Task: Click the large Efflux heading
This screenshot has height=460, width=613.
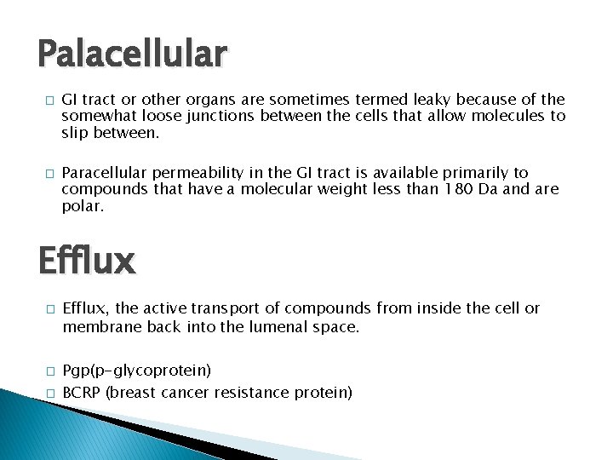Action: pos(86,261)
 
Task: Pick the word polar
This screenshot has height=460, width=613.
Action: pos(82,205)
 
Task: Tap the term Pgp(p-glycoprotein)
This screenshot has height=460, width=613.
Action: pos(137,371)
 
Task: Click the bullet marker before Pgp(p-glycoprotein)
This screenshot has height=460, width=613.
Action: pos(50,371)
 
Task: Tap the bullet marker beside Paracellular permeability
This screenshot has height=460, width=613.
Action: pos(50,173)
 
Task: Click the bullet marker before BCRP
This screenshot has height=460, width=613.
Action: pos(50,394)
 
